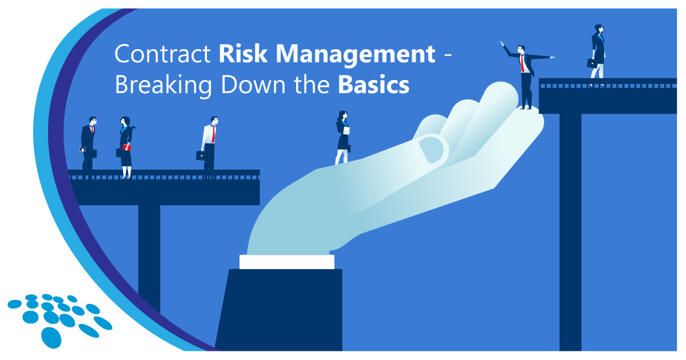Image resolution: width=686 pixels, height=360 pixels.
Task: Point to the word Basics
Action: (373, 86)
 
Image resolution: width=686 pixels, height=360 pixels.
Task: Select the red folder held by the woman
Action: (126, 147)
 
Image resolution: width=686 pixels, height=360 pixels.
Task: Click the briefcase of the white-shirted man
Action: (201, 155)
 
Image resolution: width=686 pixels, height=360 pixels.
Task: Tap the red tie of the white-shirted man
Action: (213, 135)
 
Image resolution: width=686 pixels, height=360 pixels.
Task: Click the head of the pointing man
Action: (521, 50)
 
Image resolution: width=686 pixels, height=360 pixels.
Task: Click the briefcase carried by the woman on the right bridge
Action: (592, 63)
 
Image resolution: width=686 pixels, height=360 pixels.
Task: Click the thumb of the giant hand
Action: (433, 147)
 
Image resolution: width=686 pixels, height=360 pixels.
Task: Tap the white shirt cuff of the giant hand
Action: (286, 262)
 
